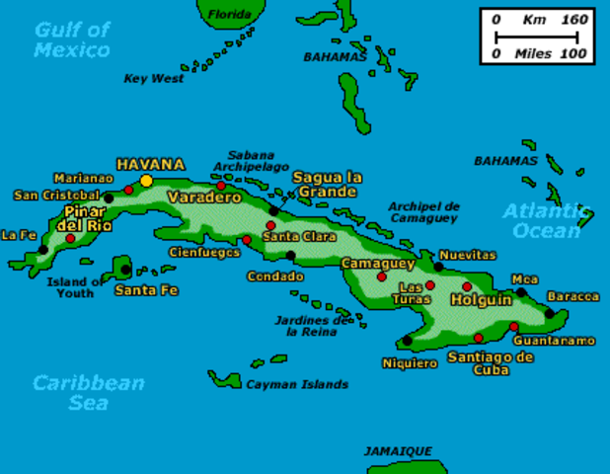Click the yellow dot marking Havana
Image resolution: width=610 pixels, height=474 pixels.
(x=146, y=181)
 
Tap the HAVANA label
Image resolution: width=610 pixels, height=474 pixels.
(x=150, y=164)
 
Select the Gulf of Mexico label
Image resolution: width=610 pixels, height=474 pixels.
(x=72, y=39)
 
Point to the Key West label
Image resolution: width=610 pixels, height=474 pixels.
(x=154, y=79)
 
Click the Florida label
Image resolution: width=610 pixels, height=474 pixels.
(x=229, y=14)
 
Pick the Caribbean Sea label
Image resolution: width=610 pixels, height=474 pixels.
(x=88, y=392)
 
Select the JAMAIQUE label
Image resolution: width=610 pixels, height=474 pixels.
(x=397, y=450)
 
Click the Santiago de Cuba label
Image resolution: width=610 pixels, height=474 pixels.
(x=478, y=362)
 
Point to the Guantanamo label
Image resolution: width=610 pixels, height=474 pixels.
(x=555, y=341)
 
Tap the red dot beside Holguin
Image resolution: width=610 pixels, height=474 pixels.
(x=468, y=287)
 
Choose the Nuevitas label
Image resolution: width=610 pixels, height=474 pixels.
(x=467, y=254)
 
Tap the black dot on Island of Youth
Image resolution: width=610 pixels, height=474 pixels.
(x=125, y=269)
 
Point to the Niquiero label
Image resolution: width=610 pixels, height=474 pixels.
(x=410, y=363)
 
